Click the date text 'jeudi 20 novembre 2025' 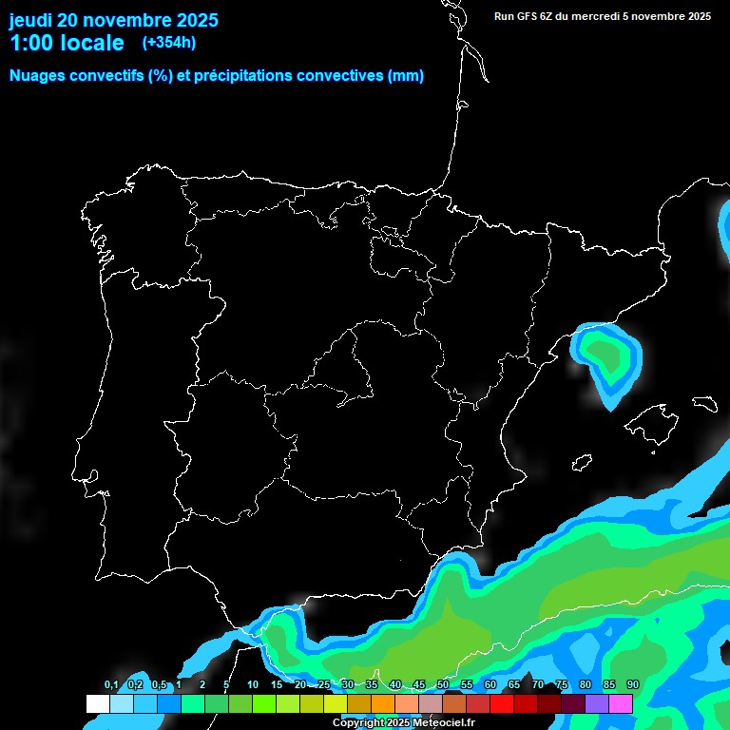(113, 20)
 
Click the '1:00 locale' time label (67, 43)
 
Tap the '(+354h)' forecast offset (169, 43)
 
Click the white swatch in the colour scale (97, 704)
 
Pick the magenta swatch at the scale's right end (621, 704)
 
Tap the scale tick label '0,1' (111, 685)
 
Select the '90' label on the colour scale (633, 685)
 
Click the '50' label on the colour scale (443, 685)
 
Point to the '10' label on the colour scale (252, 685)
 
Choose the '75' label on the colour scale (562, 685)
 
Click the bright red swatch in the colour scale (502, 704)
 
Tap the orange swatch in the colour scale (383, 704)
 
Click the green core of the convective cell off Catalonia (606, 354)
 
